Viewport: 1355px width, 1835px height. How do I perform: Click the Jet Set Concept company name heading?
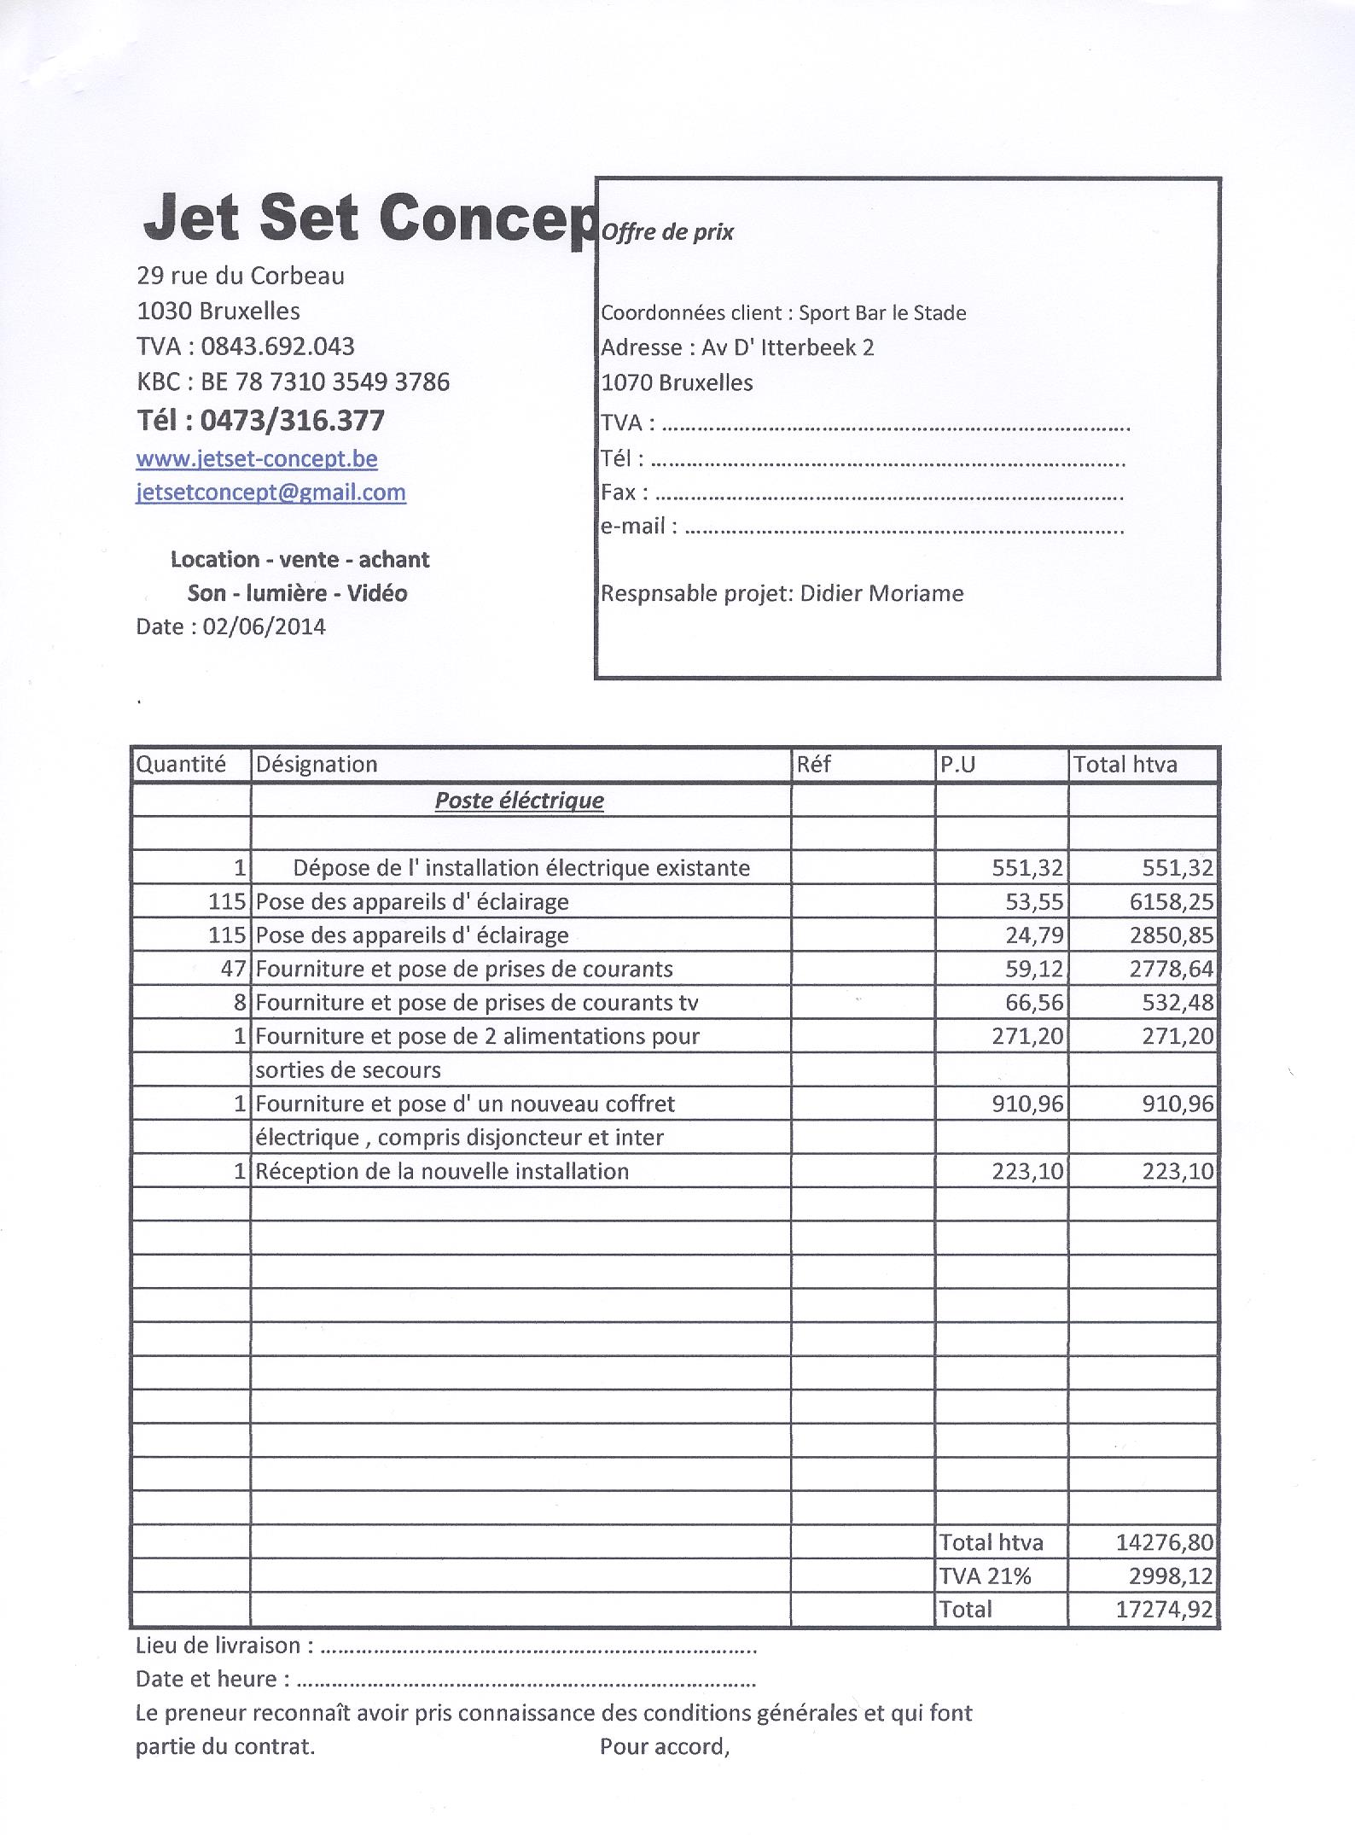pyautogui.click(x=368, y=218)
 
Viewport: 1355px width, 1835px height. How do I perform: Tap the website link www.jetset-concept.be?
pyautogui.click(x=256, y=459)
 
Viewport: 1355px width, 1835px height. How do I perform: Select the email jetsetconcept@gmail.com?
pyautogui.click(x=270, y=492)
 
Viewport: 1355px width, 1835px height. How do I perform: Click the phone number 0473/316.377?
pyautogui.click(x=292, y=420)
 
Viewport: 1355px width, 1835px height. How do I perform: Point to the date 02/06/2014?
pyautogui.click(x=264, y=626)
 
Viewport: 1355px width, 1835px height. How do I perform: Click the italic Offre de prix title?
pyautogui.click(x=667, y=232)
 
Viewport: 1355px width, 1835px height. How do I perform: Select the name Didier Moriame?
pyautogui.click(x=881, y=593)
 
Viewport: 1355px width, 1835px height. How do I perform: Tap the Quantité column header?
pyautogui.click(x=181, y=764)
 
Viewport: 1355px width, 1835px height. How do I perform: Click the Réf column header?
pyautogui.click(x=813, y=764)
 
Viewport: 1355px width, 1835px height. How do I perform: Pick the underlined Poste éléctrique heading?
pyautogui.click(x=519, y=801)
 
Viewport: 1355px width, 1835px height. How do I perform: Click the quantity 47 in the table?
pyautogui.click(x=233, y=969)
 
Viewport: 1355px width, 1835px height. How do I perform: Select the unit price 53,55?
pyautogui.click(x=1034, y=901)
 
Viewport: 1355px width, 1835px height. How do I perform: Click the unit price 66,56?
pyautogui.click(x=1034, y=1002)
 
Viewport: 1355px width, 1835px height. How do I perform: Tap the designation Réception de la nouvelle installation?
pyautogui.click(x=442, y=1171)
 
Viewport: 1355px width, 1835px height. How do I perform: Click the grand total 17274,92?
pyautogui.click(x=1164, y=1609)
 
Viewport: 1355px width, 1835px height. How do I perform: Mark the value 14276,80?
pyautogui.click(x=1164, y=1542)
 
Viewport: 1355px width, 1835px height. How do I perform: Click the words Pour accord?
pyautogui.click(x=664, y=1746)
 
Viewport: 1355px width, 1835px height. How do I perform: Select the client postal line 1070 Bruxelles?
pyautogui.click(x=677, y=382)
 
